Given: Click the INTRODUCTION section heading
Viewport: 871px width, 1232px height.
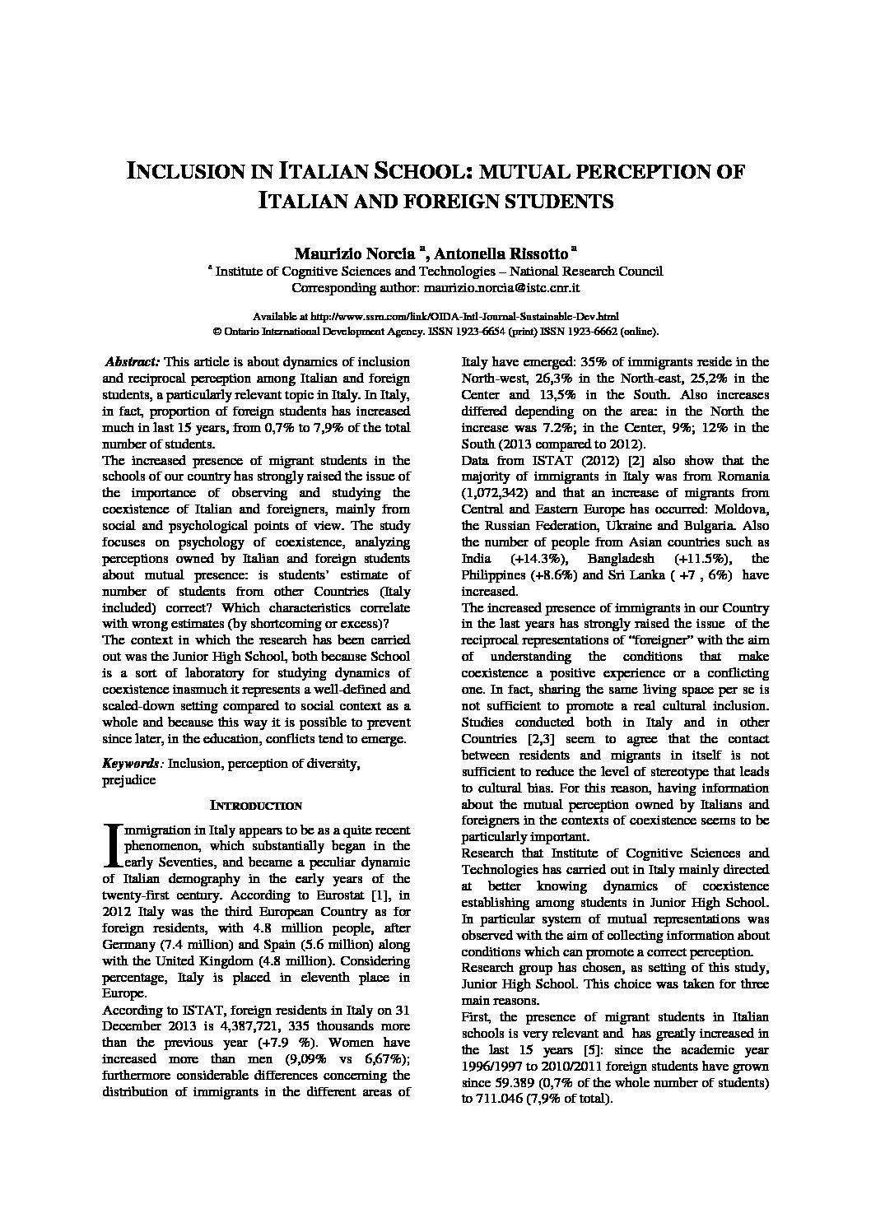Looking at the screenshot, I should click(x=256, y=805).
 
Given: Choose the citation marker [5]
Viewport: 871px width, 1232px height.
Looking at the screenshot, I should click(x=589, y=1050).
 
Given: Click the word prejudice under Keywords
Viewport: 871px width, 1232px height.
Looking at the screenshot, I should click(x=128, y=780).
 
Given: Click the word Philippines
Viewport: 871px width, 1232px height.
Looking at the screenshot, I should click(x=494, y=574).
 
